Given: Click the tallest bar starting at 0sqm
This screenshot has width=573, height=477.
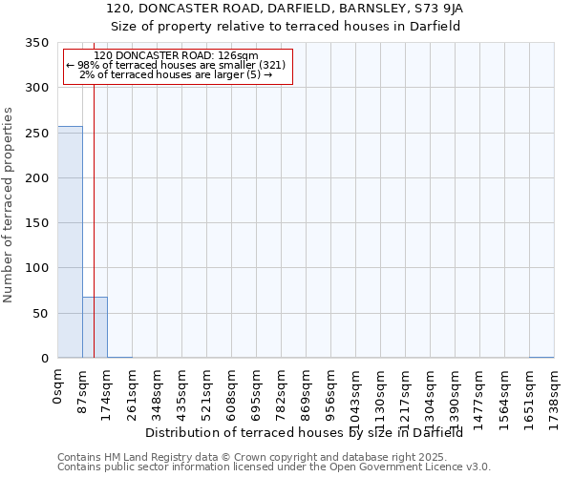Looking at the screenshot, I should pos(70,242).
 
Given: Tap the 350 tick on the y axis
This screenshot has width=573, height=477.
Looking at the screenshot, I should pos(36,43).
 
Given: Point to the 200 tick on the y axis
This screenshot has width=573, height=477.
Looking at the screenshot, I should pos(36,178).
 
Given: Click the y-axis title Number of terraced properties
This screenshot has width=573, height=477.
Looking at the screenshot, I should pos(10,204).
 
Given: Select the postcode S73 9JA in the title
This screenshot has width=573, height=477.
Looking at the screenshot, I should pos(434,8).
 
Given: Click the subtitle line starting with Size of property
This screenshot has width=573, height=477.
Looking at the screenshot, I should pos(286,26).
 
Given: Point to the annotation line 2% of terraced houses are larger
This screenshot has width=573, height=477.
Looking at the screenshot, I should pos(176,74).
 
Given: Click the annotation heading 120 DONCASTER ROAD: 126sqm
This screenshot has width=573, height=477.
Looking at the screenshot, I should pos(176,55).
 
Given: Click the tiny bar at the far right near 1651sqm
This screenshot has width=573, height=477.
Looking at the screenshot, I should pos(541,357).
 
